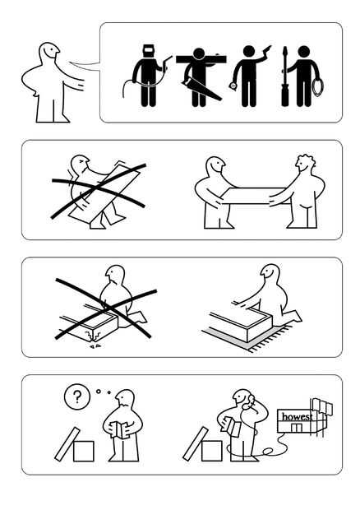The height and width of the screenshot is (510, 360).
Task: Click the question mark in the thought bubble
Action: click(x=77, y=396)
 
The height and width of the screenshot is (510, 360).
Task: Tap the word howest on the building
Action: click(x=297, y=417)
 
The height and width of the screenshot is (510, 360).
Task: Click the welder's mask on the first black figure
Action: click(x=149, y=51)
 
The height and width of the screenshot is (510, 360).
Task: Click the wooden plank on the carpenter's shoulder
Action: click(x=201, y=59)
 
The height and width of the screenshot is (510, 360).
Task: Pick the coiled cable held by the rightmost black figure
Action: click(x=316, y=86)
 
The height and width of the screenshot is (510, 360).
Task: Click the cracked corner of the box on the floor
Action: click(x=93, y=336)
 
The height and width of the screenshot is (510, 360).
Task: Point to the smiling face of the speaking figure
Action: click(x=51, y=51)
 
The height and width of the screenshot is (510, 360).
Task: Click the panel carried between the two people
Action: click(x=254, y=196)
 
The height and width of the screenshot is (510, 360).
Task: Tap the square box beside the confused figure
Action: click(x=84, y=451)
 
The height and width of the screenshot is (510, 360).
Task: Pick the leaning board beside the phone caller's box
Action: click(x=196, y=444)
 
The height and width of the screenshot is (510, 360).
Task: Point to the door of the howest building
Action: click(x=297, y=428)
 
